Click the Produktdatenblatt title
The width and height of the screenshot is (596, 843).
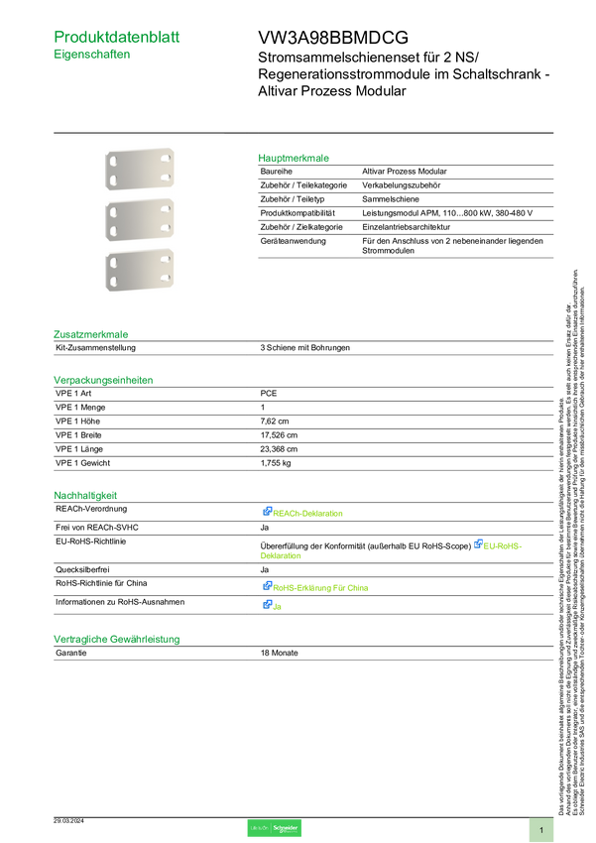pos(117,37)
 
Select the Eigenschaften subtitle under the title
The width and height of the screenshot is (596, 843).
pos(92,57)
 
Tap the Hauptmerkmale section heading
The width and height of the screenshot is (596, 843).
pos(295,158)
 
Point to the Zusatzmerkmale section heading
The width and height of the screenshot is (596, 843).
pos(91,334)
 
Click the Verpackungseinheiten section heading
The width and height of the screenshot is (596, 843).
pos(103,379)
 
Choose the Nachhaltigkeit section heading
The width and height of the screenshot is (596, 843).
pos(86,494)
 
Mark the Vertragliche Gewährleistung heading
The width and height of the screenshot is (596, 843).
pos(116,640)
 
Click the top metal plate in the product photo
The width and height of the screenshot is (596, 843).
pos(139,169)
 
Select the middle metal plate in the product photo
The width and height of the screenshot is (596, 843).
pos(139,219)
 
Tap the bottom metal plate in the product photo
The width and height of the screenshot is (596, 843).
pos(139,271)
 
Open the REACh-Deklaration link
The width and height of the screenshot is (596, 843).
pos(309,514)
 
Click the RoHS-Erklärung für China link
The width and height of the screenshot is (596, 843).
pos(321,588)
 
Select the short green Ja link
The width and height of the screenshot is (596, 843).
pos(278,606)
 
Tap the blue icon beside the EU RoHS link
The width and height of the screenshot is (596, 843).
pos(477,543)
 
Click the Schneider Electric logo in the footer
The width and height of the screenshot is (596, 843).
pos(274,828)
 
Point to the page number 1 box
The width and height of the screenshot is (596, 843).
pos(541,829)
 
